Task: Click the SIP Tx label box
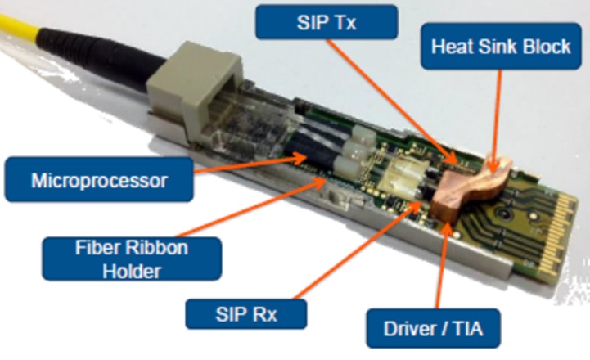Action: (327, 22)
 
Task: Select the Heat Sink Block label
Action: (501, 47)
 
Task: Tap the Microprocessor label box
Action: (99, 179)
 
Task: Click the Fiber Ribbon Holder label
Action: (132, 259)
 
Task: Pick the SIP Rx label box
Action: (246, 313)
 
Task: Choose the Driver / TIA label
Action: (433, 328)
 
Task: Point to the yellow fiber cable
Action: (19, 27)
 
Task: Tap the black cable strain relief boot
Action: (98, 60)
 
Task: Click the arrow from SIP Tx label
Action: (393, 101)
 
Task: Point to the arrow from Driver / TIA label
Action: (442, 264)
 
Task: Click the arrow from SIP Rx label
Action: (358, 250)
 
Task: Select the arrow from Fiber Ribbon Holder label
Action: (251, 207)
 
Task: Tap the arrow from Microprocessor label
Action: (251, 164)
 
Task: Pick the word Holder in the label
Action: (132, 271)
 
